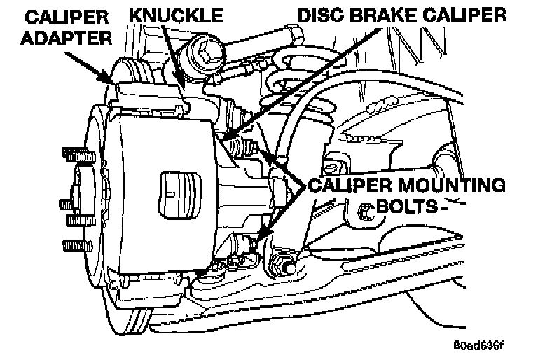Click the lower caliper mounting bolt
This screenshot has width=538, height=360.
point(242,246)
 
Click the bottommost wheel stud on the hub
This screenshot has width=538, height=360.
point(73,247)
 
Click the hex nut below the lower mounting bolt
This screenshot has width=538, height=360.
point(281,265)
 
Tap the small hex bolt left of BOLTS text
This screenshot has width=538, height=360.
point(365,210)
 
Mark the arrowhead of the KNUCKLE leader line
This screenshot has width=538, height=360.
point(184,99)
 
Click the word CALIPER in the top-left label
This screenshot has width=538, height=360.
point(52,14)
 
